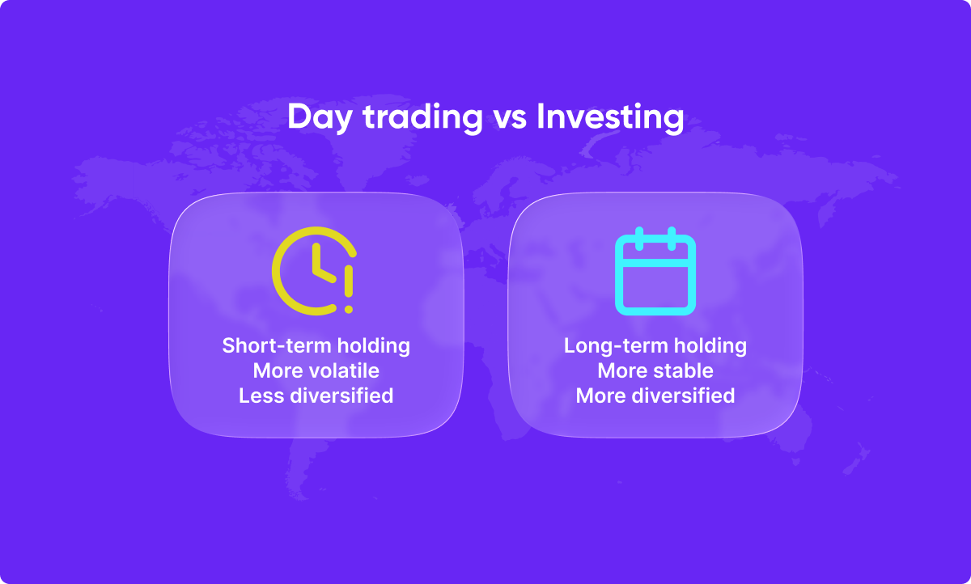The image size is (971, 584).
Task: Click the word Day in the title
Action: [320, 117]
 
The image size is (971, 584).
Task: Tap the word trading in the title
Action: [422, 117]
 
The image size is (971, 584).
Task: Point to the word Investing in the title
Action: [610, 117]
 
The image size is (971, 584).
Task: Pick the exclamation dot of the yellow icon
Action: [349, 309]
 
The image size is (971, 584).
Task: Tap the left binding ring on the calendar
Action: [639, 239]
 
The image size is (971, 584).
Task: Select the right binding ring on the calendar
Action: [672, 239]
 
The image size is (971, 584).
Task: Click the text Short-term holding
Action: [316, 346]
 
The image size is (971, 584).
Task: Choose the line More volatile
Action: [316, 370]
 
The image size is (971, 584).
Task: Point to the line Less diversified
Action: [316, 396]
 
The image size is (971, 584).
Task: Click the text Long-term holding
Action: [655, 346]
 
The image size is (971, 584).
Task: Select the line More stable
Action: [655, 370]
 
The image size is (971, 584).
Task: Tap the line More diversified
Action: [655, 396]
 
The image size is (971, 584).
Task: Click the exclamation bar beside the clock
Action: [349, 281]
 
